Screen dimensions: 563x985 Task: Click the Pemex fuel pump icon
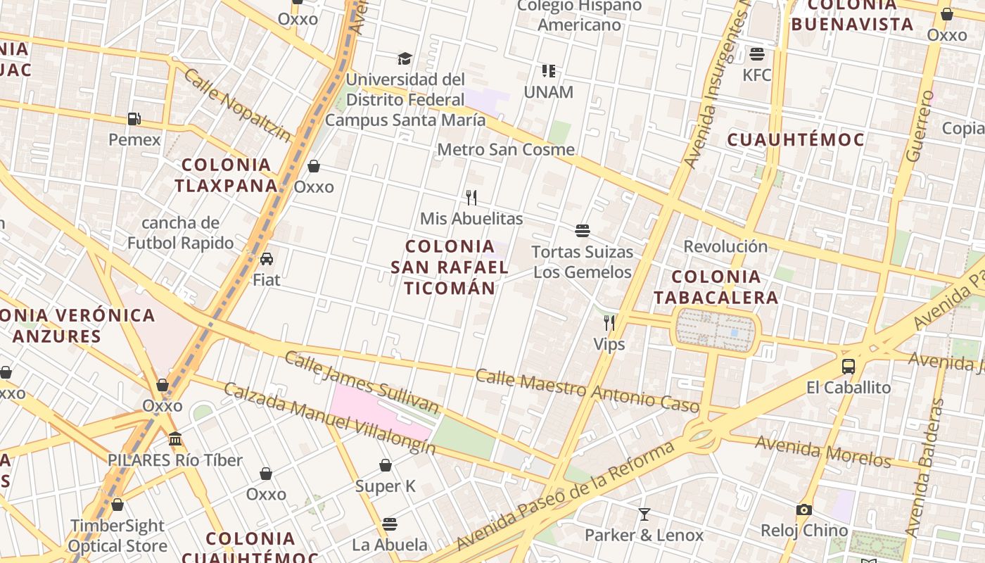134,119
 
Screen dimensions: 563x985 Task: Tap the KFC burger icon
757,53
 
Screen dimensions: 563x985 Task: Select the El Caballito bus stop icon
849,367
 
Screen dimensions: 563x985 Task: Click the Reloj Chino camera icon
804,510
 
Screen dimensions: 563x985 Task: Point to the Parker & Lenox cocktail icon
644,514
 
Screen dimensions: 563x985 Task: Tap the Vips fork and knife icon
609,323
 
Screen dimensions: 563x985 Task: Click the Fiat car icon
267,259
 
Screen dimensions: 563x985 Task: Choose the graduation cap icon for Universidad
405,58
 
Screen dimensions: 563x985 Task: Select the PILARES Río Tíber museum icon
175,439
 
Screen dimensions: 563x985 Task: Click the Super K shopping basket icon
386,465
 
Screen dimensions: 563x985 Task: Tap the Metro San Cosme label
506,149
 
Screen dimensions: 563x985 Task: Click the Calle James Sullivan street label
361,383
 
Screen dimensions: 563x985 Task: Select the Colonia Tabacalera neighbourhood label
716,286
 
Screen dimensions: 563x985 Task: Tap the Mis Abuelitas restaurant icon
471,198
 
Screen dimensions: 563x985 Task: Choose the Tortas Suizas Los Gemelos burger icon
583,231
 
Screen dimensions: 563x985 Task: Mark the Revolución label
725,246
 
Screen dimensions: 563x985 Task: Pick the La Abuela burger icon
390,524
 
